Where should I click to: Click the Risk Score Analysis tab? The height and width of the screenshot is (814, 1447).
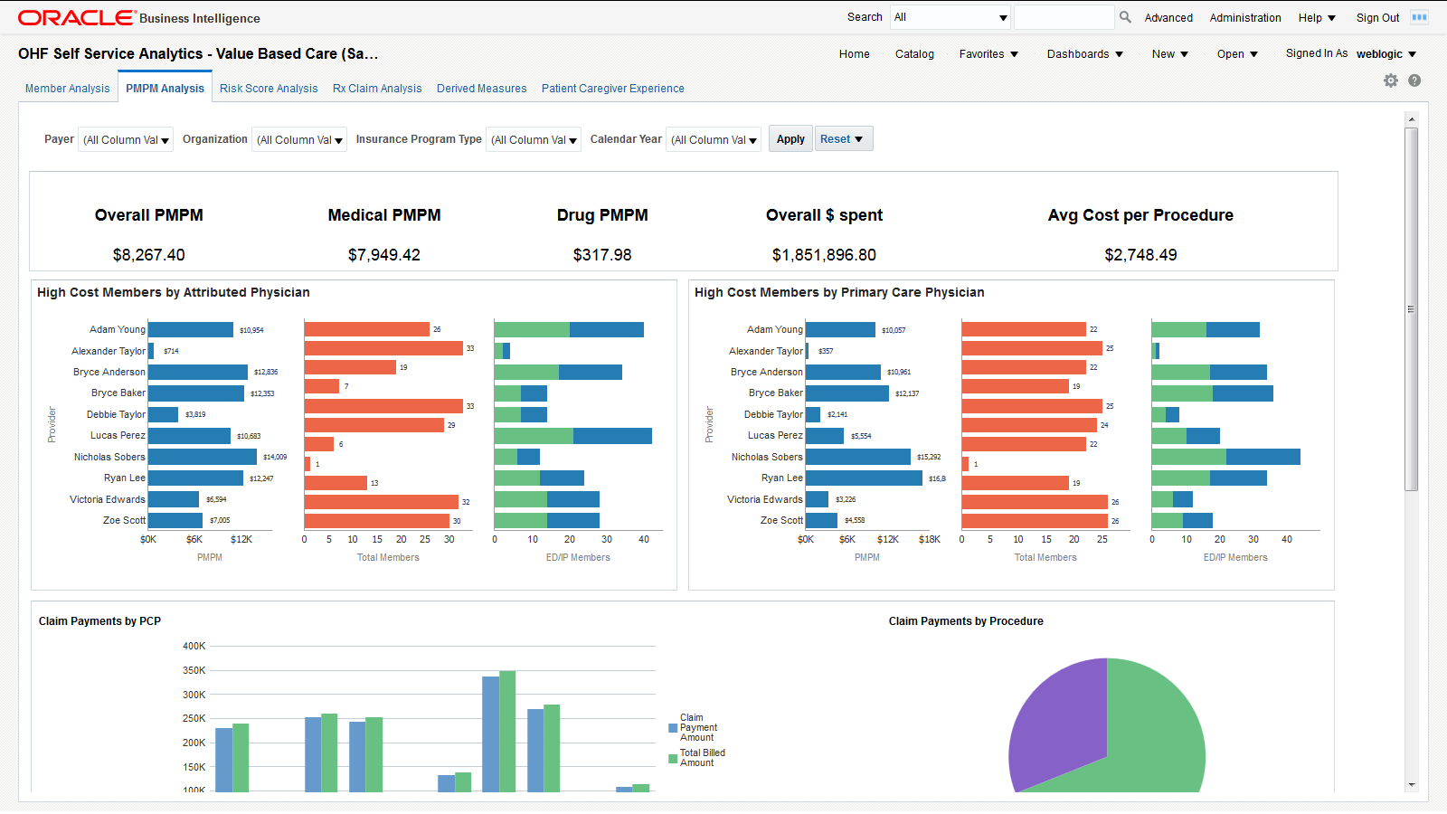[269, 89]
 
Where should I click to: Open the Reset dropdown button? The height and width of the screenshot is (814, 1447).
[843, 139]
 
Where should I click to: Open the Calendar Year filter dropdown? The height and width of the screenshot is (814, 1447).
[714, 140]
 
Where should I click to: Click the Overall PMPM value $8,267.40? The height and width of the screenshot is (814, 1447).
[149, 255]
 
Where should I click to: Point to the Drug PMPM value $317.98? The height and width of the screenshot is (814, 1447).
[602, 255]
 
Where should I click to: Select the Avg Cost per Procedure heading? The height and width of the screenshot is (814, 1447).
[1140, 215]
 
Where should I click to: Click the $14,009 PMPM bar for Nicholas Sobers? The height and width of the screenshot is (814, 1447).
[203, 457]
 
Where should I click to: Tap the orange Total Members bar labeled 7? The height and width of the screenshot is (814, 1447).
[321, 386]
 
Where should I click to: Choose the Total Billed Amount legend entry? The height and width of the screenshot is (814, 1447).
[701, 758]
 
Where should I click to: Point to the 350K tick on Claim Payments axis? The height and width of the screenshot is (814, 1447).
[194, 670]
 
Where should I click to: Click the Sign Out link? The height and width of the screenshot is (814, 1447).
[1377, 18]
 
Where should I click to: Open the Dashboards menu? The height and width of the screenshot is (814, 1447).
[1084, 54]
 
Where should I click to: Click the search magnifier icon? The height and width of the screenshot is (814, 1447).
[1125, 17]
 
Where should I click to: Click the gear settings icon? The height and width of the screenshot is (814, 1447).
[1391, 80]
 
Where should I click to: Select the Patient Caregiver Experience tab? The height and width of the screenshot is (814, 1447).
[612, 89]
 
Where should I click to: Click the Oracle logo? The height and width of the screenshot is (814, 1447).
[76, 18]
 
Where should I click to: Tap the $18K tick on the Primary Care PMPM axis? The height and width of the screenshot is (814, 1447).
[929, 539]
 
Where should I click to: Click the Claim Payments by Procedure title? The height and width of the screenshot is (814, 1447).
[966, 621]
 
